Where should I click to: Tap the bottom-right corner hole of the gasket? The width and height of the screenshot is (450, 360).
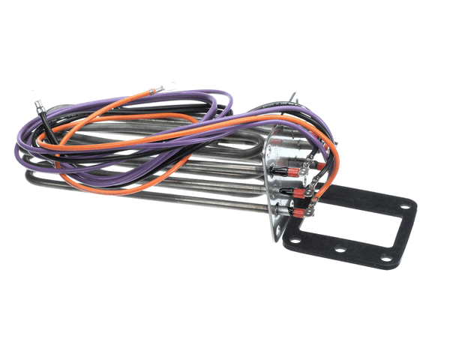tap(386, 259)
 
